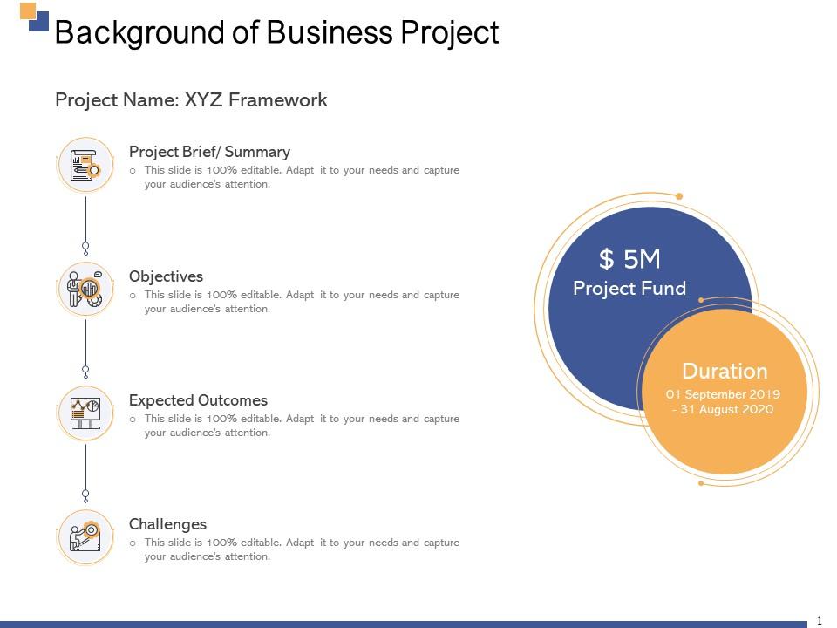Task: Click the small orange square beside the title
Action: click(28, 11)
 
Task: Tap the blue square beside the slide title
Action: click(39, 21)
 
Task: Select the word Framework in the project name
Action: click(277, 99)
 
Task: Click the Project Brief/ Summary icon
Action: click(85, 165)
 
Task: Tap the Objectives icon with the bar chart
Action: click(85, 289)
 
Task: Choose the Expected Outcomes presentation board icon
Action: click(85, 413)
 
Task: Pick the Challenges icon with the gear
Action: click(85, 536)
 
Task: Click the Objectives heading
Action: click(166, 276)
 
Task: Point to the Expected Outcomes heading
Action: click(198, 400)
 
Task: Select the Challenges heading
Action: click(167, 524)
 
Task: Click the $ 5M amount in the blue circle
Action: click(629, 260)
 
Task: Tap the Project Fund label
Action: click(629, 289)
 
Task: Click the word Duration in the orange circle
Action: click(725, 372)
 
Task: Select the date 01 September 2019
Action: click(723, 394)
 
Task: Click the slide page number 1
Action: click(820, 621)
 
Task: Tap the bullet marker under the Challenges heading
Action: click(133, 543)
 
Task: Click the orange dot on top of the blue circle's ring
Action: click(679, 196)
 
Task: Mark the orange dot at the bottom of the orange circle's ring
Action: click(701, 483)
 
